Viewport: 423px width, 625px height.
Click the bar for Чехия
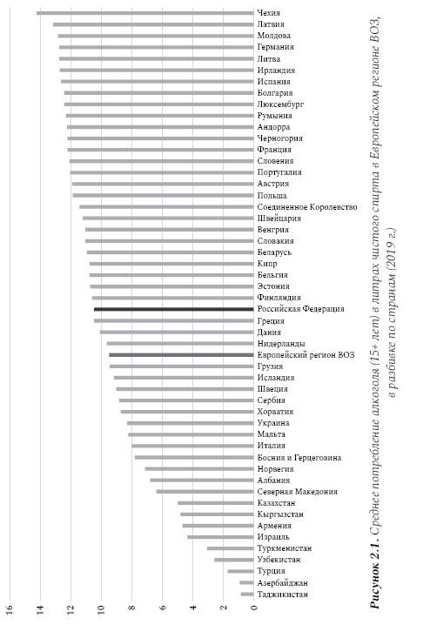point(145,13)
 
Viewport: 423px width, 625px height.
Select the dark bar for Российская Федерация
point(174,309)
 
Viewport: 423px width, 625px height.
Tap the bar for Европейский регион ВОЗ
point(181,355)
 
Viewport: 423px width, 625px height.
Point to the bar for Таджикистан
point(247,595)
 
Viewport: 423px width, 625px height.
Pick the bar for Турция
point(240,572)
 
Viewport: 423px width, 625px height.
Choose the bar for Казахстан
point(216,503)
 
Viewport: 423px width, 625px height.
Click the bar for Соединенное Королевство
point(166,207)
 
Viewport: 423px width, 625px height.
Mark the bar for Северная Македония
point(205,492)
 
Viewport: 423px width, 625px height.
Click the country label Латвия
point(271,24)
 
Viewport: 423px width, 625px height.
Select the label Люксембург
point(280,104)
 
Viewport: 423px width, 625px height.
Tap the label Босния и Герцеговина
point(299,458)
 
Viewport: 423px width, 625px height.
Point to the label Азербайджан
point(283,583)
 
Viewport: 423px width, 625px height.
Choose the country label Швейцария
point(279,218)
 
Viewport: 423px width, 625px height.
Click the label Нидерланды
point(281,344)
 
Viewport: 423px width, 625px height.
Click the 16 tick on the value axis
point(10,609)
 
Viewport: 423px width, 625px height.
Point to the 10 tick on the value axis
point(101,609)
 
